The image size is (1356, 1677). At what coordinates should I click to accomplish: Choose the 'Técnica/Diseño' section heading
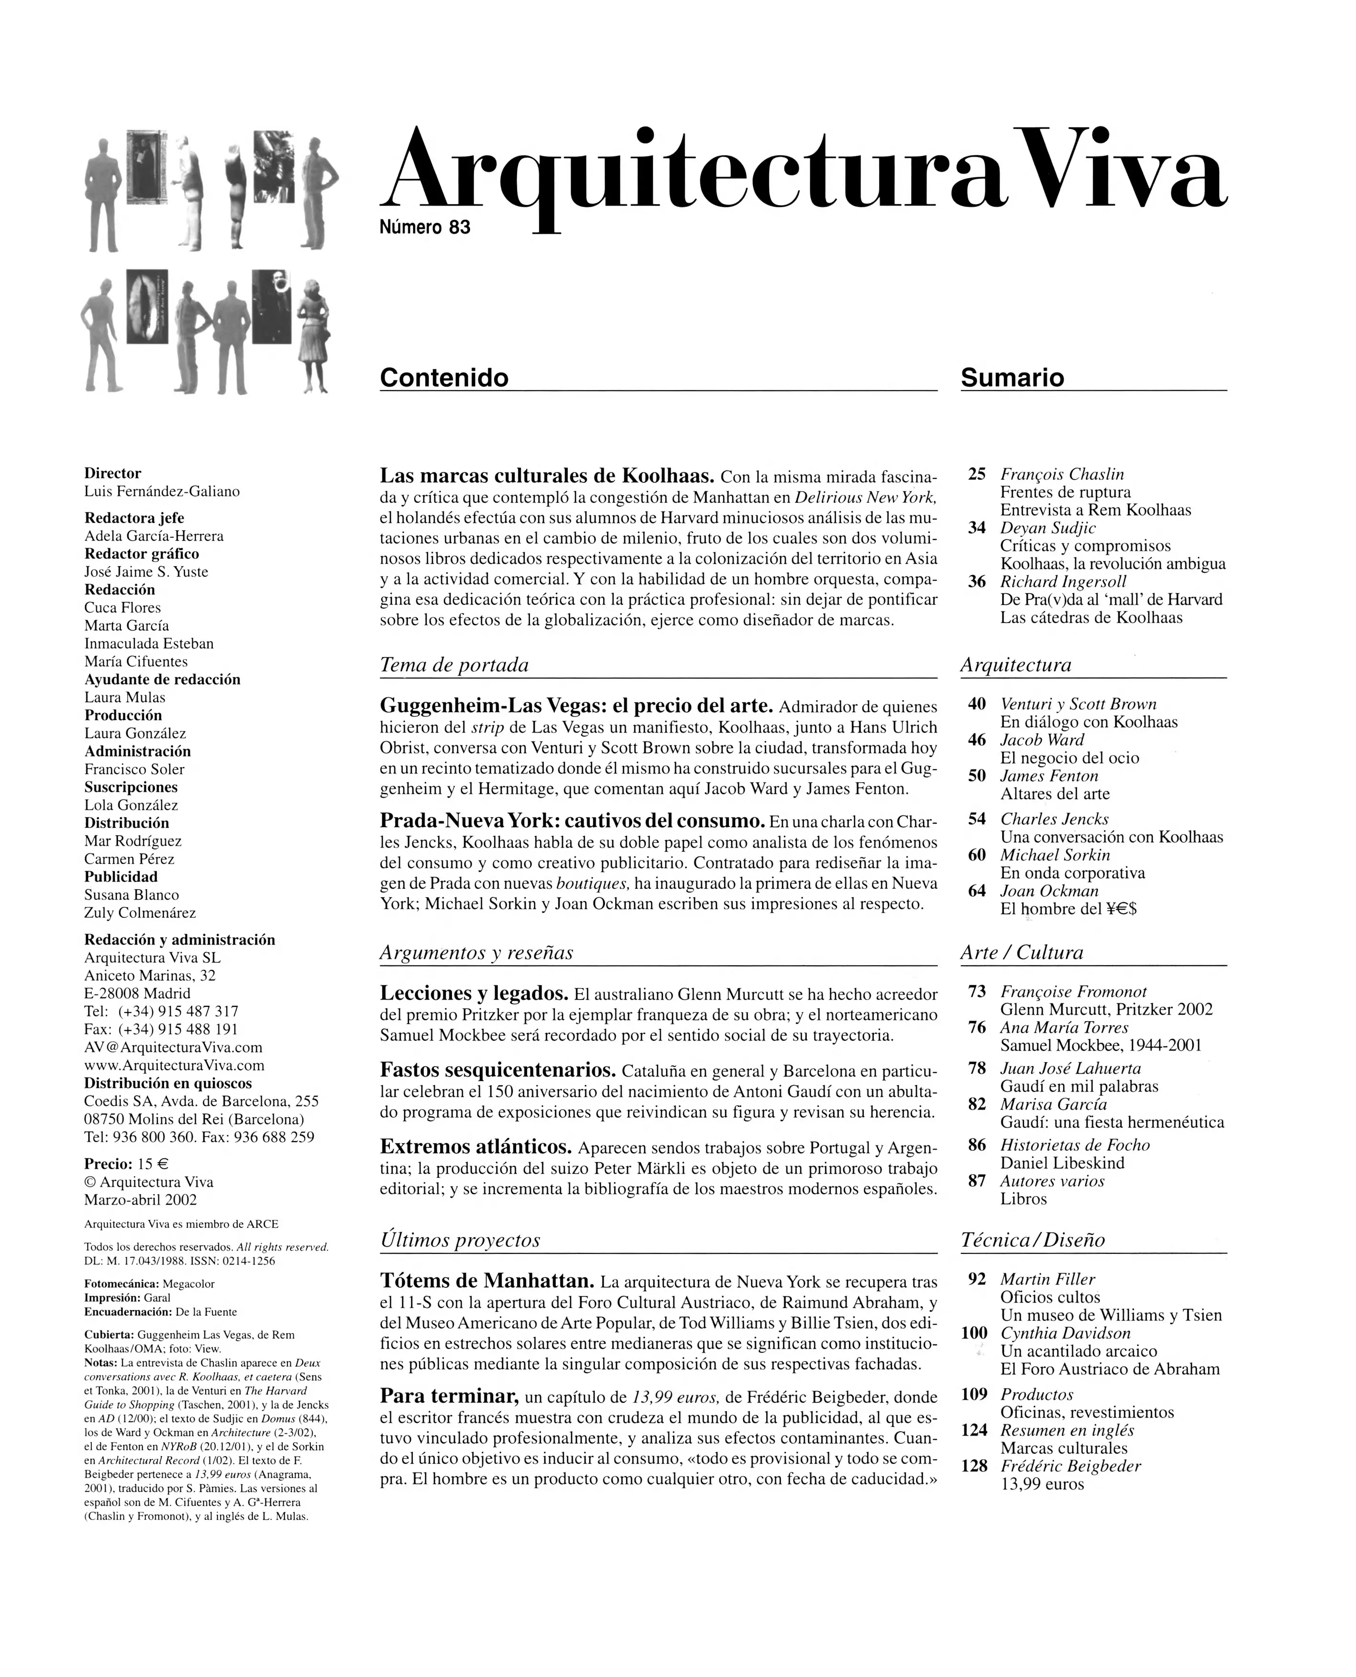(x=1033, y=1240)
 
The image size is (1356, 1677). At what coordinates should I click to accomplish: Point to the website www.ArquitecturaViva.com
(x=174, y=1065)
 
